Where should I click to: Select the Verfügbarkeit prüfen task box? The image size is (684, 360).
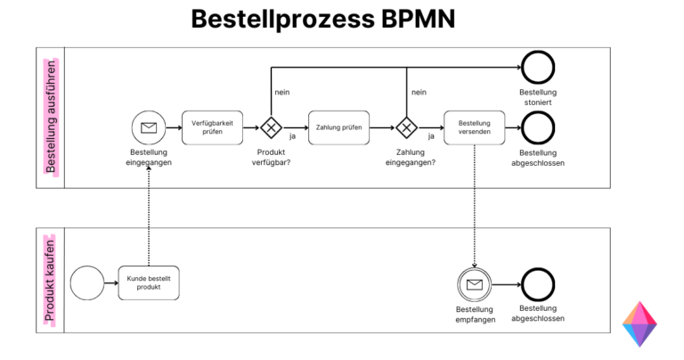pos(213,127)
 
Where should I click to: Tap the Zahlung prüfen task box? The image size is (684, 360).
pos(338,127)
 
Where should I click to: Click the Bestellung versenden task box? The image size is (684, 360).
pos(474,127)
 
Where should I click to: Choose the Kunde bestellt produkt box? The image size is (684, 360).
pos(149,283)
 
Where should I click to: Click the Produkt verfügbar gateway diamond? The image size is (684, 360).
pos(271,127)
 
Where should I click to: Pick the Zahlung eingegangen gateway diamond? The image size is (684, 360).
pos(407,127)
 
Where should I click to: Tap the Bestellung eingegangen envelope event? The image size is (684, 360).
pos(149,127)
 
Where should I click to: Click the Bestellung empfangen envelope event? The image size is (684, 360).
pos(475,285)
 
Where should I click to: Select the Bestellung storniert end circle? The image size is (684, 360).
pos(538,68)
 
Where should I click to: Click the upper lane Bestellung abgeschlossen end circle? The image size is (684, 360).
pos(538,127)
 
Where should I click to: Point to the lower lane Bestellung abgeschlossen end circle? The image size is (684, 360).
pos(538,285)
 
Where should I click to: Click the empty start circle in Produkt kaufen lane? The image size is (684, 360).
pos(85,283)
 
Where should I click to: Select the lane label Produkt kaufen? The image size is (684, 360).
pos(51,280)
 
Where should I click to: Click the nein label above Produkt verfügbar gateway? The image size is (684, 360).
pos(281,92)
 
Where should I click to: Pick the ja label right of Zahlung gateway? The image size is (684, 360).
pos(431,136)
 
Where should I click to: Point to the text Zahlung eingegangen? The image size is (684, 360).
pos(410,157)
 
